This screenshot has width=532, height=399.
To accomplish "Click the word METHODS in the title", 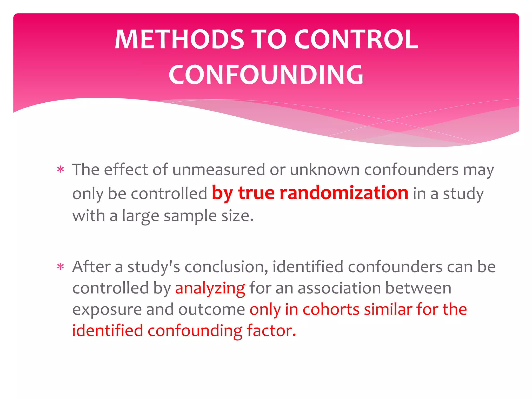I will pos(179,39).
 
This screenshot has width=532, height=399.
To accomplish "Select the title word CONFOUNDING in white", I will pos(266,75).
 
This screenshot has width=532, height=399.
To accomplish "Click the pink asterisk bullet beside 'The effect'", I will pos(61,170).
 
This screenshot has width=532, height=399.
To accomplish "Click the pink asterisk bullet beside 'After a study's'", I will pos(61,267).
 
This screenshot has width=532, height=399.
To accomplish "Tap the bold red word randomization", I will pos(344,193).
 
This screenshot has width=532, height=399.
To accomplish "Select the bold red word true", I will pos(256,193).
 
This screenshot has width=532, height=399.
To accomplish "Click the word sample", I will pos(190,216).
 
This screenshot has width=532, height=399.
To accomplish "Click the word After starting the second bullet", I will pos(91,267).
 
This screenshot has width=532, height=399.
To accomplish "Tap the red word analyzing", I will pos(210,288).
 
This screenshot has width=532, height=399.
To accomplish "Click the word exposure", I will pos(107,310).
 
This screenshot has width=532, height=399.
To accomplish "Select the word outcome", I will pos(211,310).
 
